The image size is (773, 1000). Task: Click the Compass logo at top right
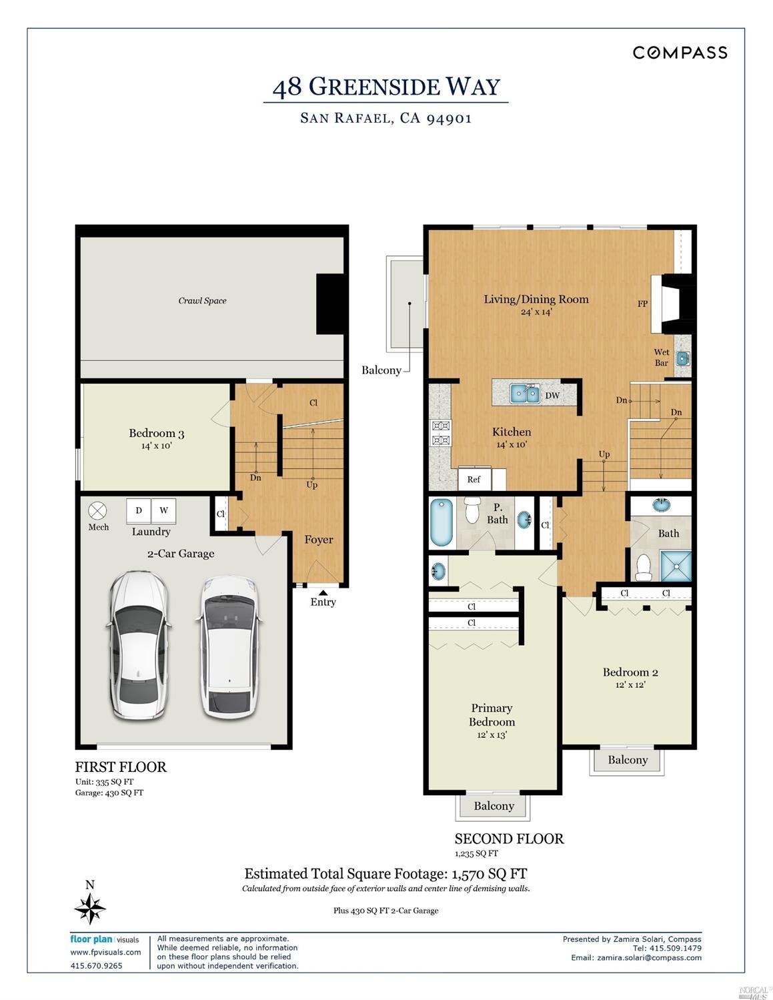click(x=680, y=53)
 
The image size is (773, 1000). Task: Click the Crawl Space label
click(x=202, y=301)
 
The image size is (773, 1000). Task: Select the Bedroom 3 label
click(x=156, y=434)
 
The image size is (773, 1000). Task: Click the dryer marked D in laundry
click(x=139, y=511)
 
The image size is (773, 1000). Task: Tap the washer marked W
click(x=163, y=511)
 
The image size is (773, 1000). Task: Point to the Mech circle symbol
click(x=98, y=512)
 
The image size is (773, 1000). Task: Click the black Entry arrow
click(x=323, y=590)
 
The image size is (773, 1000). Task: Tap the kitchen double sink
click(x=526, y=394)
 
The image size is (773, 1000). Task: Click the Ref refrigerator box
click(x=474, y=479)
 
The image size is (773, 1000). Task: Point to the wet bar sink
click(x=682, y=359)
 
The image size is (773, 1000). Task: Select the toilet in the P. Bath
click(x=472, y=511)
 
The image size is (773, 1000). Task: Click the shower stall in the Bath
click(x=676, y=566)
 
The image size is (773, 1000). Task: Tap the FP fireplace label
click(x=642, y=304)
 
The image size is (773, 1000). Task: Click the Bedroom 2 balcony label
click(x=628, y=760)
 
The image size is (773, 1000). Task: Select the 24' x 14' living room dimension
click(x=536, y=312)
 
